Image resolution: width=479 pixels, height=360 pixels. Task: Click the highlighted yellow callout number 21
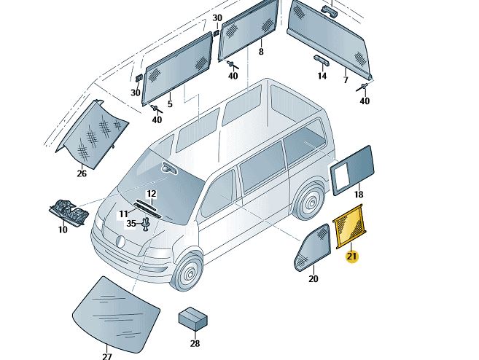click(351, 257)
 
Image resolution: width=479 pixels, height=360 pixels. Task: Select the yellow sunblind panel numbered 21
click(350, 225)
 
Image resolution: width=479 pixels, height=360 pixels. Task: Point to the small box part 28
click(192, 318)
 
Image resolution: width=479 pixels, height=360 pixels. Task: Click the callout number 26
click(82, 173)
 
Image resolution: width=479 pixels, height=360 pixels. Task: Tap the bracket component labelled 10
click(70, 213)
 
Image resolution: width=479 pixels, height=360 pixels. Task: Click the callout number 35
click(131, 224)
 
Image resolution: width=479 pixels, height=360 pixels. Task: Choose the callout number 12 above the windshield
click(151, 194)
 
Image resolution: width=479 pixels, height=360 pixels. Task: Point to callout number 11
click(124, 214)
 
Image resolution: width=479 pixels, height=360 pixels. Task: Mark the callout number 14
click(322, 75)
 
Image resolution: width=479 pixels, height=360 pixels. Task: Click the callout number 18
click(358, 195)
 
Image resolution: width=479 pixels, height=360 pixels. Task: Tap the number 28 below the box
click(195, 343)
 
